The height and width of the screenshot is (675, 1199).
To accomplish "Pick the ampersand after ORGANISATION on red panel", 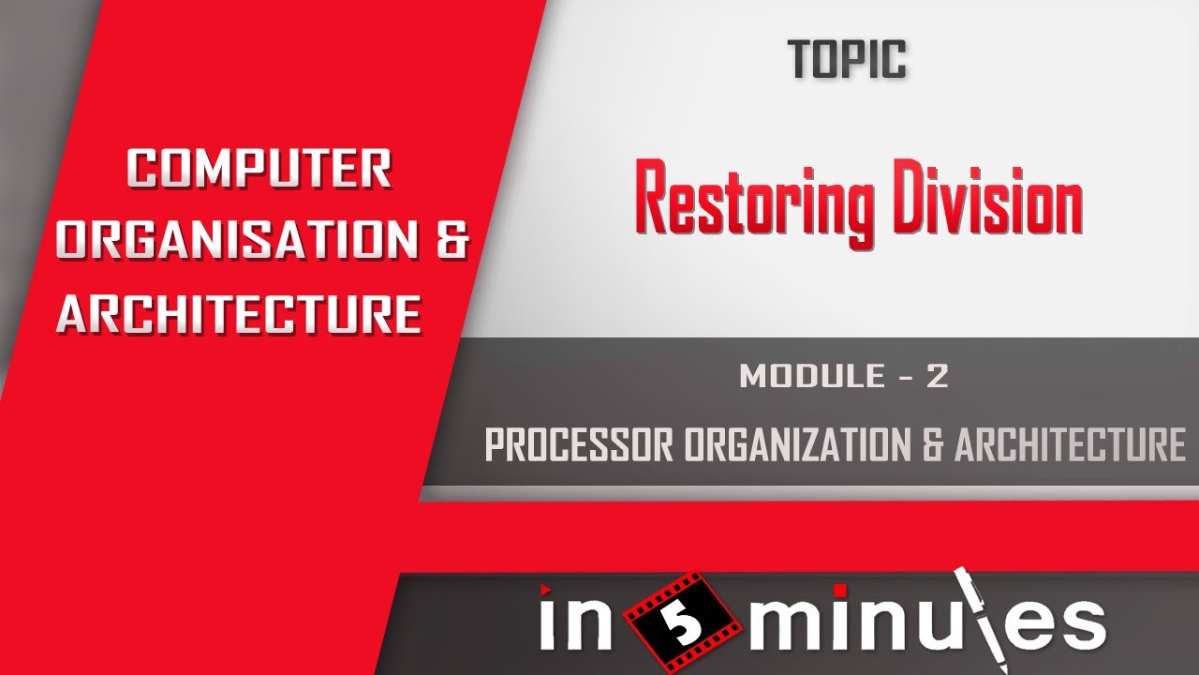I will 452,241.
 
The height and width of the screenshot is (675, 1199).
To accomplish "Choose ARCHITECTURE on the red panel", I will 239,314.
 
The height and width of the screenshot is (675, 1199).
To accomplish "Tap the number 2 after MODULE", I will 938,376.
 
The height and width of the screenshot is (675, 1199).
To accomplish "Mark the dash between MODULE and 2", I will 900,377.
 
